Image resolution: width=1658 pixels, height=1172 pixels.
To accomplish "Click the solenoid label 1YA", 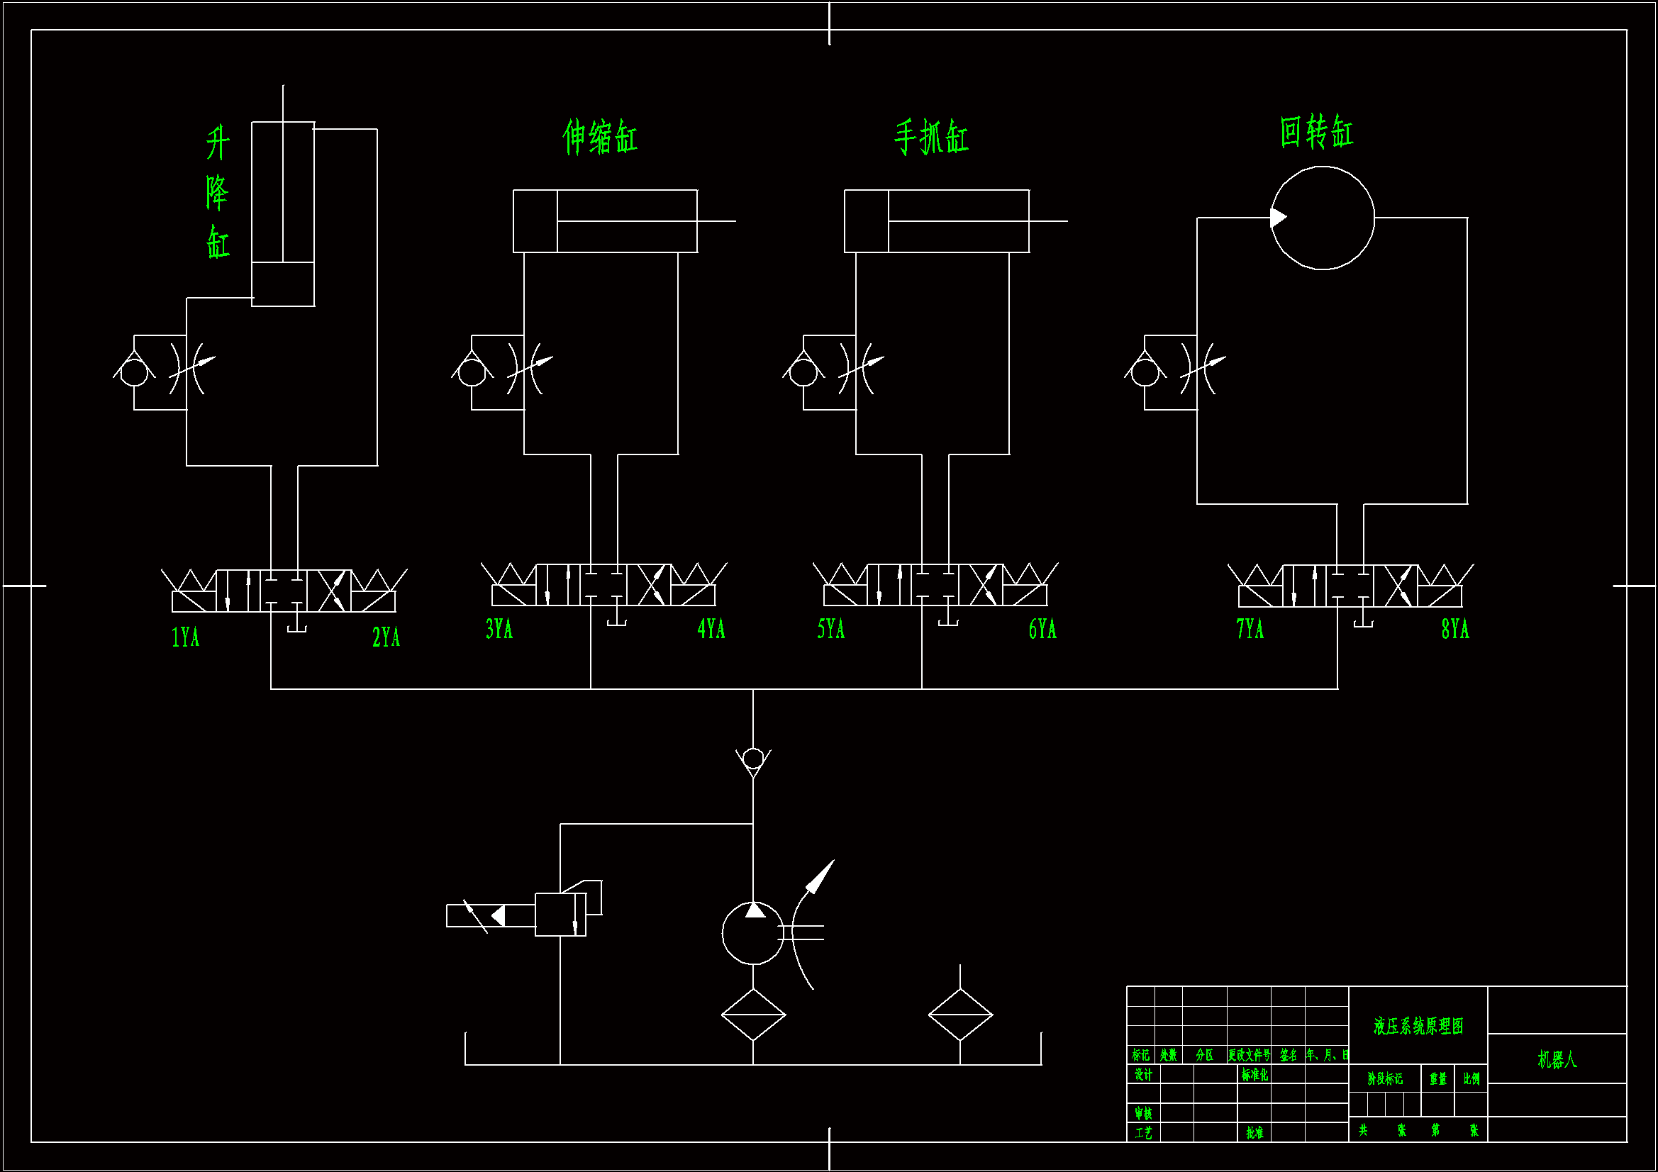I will pos(185,637).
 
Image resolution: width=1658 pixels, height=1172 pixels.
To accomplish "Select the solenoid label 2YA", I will pos(386,637).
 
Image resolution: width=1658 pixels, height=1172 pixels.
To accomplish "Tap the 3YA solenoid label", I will pos(499,629).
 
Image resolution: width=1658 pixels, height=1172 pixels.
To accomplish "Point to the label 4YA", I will pos(711,629).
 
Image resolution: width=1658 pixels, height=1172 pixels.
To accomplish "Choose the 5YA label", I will pos(830,629).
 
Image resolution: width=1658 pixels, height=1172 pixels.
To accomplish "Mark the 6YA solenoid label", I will pos(1042,629).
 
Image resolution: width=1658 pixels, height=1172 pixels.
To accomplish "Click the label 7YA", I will pos(1250,629).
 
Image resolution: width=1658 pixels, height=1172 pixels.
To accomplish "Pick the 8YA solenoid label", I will pos(1455,629).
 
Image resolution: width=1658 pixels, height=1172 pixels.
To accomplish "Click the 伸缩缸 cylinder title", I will pos(600,138).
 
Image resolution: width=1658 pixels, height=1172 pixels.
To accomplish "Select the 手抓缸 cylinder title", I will pos(932,138).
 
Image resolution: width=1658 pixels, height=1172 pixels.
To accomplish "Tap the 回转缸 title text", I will pos(1316,132).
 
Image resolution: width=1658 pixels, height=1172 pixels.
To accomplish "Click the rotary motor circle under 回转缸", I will pos(1322,218).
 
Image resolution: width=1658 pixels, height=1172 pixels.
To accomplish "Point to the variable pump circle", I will pos(752,933).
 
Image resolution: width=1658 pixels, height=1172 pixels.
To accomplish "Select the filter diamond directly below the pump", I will pos(753,1015).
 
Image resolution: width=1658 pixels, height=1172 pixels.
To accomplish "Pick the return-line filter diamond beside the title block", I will pos(960,1015).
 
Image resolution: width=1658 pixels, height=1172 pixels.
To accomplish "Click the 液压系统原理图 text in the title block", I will pos(1418,1026).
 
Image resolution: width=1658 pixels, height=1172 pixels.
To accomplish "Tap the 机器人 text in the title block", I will pos(1557,1059).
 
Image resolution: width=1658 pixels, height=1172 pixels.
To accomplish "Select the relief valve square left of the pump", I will pos(560,915).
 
